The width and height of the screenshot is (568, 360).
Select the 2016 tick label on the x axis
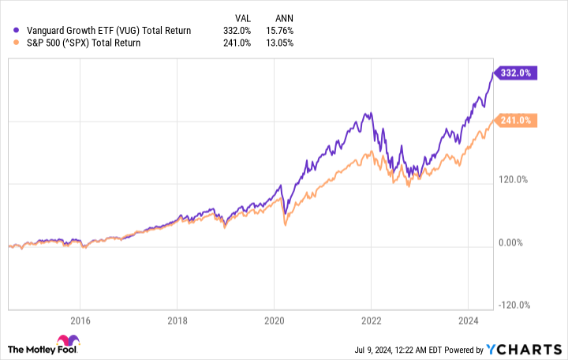pos(80,321)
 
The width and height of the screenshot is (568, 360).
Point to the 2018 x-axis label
pos(177,321)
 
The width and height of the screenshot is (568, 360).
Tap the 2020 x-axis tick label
pos(274,321)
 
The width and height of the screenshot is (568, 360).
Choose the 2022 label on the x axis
pos(371,321)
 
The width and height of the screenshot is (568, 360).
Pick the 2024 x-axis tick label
pos(468,321)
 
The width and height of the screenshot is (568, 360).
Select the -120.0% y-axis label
pos(514,306)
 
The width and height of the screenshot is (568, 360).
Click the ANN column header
pos(285,17)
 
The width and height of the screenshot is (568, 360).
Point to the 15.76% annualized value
pos(281,30)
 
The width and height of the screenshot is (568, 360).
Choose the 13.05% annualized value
pos(281,43)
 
